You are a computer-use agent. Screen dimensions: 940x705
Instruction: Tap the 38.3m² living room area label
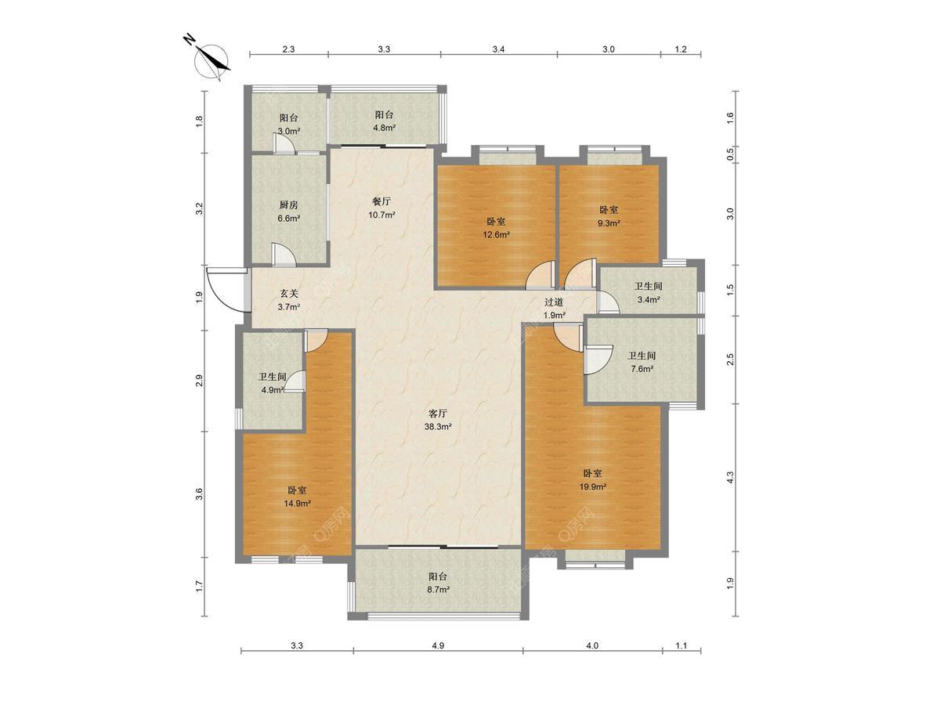(x=438, y=427)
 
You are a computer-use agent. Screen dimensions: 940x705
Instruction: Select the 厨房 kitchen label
(x=288, y=205)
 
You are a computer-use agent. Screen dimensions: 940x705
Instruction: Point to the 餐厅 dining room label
(x=381, y=201)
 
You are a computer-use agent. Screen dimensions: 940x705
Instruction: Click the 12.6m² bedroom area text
(x=496, y=234)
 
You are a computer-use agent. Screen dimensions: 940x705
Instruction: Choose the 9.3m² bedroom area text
(x=609, y=223)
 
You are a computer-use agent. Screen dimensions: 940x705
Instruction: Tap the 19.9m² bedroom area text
(x=592, y=486)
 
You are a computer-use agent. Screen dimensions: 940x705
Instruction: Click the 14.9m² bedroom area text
(x=297, y=504)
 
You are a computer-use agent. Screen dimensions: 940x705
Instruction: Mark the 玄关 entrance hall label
(x=288, y=294)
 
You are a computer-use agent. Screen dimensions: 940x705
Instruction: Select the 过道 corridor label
(x=554, y=302)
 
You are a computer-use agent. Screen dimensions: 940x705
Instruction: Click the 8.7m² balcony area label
(x=438, y=589)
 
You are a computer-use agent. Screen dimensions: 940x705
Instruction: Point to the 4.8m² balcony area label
(x=384, y=128)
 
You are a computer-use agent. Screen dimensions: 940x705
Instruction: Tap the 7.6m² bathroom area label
(x=642, y=368)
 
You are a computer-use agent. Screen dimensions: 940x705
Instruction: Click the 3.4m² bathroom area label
(x=649, y=300)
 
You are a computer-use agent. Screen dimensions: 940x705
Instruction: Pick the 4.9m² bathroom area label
(x=273, y=390)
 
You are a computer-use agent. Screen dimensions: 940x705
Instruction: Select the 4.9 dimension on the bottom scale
(x=438, y=645)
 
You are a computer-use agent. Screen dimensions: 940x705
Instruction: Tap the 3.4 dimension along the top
(x=498, y=49)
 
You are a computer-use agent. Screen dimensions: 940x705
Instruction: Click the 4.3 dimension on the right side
(x=730, y=477)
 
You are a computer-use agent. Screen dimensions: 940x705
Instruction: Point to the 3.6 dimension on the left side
(x=199, y=494)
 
